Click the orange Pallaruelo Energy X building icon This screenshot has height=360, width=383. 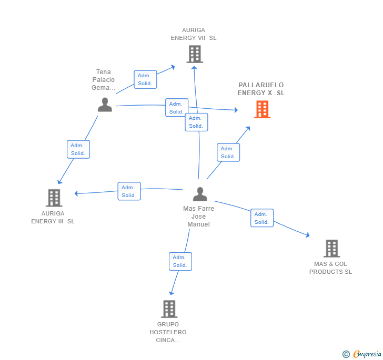(x=262, y=109)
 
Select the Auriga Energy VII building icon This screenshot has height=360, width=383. (x=195, y=54)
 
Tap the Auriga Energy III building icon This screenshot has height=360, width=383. (x=54, y=198)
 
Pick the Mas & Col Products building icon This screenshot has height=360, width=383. (x=331, y=249)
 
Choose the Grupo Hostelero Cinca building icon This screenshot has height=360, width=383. (x=169, y=309)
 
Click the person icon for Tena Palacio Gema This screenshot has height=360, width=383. (x=105, y=105)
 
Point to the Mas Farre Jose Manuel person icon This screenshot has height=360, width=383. (x=200, y=194)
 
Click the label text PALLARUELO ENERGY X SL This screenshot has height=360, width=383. (x=261, y=89)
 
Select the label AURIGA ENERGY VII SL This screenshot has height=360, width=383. (x=194, y=34)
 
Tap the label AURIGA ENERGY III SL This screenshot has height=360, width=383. (x=53, y=218)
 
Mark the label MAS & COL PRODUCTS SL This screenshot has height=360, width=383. (x=330, y=268)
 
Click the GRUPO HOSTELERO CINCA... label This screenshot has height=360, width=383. (x=168, y=332)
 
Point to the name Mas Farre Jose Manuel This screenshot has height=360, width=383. (x=199, y=217)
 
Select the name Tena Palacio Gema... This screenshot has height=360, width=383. (x=104, y=80)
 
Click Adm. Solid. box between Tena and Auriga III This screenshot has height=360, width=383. (x=78, y=149)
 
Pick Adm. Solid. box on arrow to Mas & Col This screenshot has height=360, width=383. (x=261, y=218)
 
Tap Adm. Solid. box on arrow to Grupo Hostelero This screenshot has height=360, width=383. (x=180, y=261)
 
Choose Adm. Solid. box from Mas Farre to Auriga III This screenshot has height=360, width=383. (x=129, y=191)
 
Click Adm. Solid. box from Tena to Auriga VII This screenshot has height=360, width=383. (x=145, y=79)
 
